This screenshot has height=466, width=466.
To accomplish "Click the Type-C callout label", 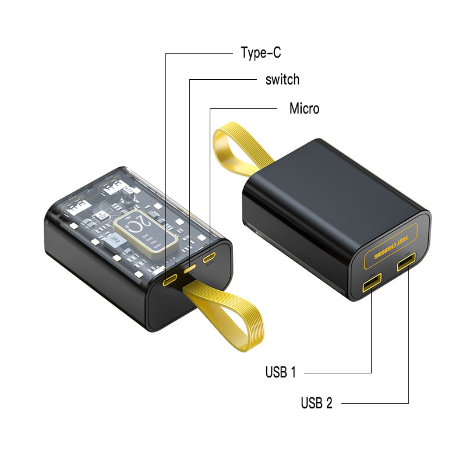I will tap(261, 53).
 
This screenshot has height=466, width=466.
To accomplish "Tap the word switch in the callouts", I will tap(282, 80).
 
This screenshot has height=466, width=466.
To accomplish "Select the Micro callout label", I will tap(304, 109).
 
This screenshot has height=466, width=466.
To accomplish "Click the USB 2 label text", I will tap(316, 403).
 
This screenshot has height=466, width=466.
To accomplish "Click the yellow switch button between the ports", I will tap(190, 269).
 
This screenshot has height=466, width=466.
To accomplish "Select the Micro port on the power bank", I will tap(209, 258).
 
